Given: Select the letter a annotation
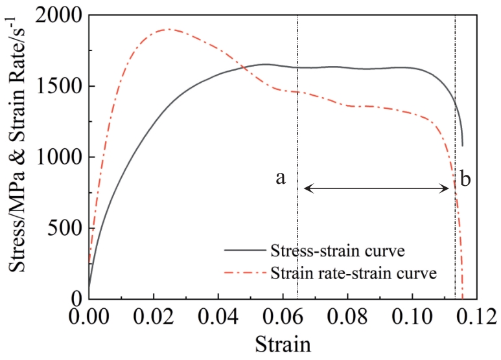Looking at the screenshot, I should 280,178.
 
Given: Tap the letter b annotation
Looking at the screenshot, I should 466,178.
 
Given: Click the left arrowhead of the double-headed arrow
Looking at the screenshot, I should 306,188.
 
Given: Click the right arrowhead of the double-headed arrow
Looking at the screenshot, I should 447,188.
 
